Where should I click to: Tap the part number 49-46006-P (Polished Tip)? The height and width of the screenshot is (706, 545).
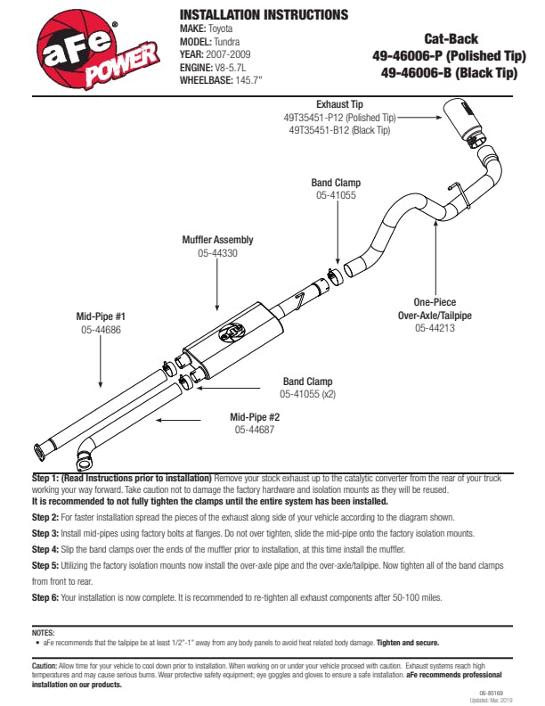(x=444, y=56)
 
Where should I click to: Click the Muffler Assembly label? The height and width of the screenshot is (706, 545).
(x=217, y=240)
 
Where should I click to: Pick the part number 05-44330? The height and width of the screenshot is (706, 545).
(x=217, y=254)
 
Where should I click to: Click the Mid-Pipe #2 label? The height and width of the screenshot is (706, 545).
(x=255, y=416)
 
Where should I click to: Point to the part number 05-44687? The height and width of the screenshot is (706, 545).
(x=255, y=430)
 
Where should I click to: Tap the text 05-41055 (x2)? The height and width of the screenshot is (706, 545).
(x=307, y=393)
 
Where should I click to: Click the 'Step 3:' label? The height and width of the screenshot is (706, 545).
(x=45, y=533)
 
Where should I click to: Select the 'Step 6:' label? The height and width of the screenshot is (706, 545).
(x=45, y=596)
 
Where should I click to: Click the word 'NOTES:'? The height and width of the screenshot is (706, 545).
(x=43, y=631)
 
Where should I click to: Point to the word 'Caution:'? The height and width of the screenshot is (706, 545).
(x=45, y=665)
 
